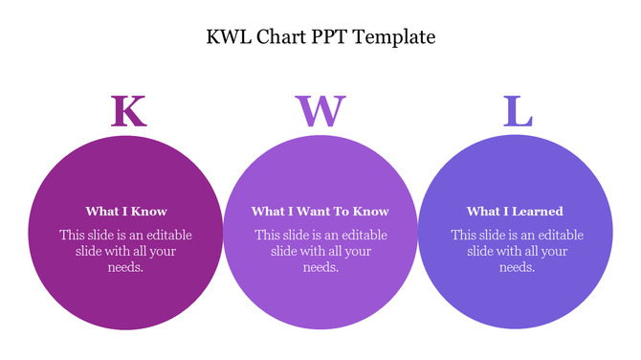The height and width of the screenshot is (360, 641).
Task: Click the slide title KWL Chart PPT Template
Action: coord(320,37)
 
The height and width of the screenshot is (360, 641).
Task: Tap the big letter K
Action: coord(128,111)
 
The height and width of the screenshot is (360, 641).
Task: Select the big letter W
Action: coord(320,111)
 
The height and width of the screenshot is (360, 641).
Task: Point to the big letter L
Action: coord(518,111)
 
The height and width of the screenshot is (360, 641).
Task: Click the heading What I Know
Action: coord(126,212)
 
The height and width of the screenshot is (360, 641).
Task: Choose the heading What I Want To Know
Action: coord(320,212)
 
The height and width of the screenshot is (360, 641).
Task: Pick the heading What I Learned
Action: coord(515,212)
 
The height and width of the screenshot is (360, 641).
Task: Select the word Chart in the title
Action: coord(282,37)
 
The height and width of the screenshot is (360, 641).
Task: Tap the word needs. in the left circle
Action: coord(126,268)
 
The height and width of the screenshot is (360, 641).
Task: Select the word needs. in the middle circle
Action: coord(320,268)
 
